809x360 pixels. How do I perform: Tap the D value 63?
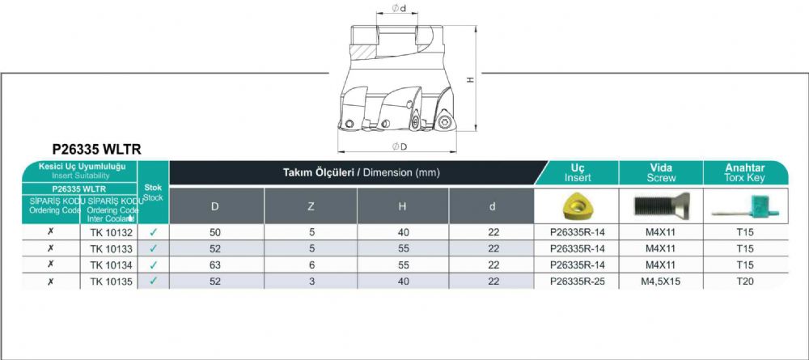click(x=215, y=265)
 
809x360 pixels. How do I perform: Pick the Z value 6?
click(x=311, y=265)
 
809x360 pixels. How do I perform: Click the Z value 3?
click(x=311, y=282)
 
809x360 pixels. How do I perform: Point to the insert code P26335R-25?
click(x=578, y=282)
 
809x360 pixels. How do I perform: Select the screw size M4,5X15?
click(x=661, y=282)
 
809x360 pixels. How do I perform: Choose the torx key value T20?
click(x=746, y=282)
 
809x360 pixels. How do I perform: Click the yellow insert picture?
click(x=576, y=206)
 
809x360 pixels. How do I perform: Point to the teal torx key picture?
click(x=746, y=207)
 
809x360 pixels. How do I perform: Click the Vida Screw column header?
click(x=661, y=173)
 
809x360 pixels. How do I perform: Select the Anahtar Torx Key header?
click(x=745, y=173)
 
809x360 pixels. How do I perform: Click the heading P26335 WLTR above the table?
click(x=97, y=150)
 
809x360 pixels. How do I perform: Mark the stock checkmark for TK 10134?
click(x=153, y=265)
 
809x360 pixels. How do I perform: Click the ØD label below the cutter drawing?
click(x=400, y=146)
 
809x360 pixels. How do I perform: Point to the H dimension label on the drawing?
click(x=469, y=79)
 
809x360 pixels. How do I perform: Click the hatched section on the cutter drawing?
click(x=363, y=52)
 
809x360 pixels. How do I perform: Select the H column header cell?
click(x=402, y=205)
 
